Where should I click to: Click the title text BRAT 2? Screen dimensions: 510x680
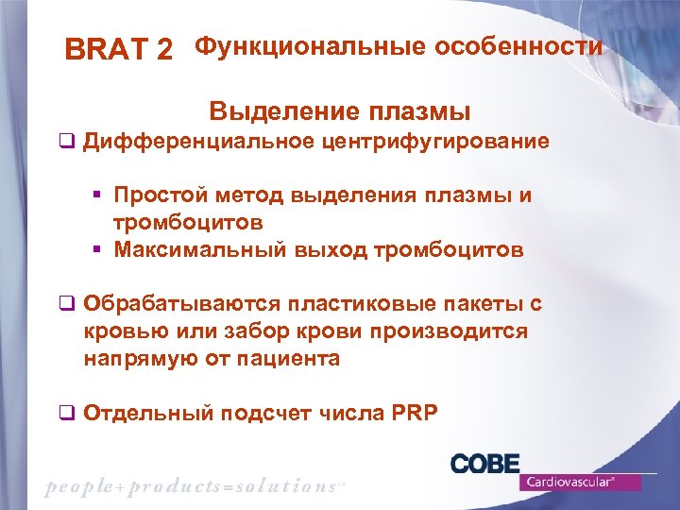tap(118, 50)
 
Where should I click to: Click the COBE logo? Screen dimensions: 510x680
tap(484, 464)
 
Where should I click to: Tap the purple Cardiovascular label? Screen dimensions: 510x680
tap(580, 482)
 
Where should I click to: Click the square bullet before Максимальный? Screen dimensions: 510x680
tap(96, 250)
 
